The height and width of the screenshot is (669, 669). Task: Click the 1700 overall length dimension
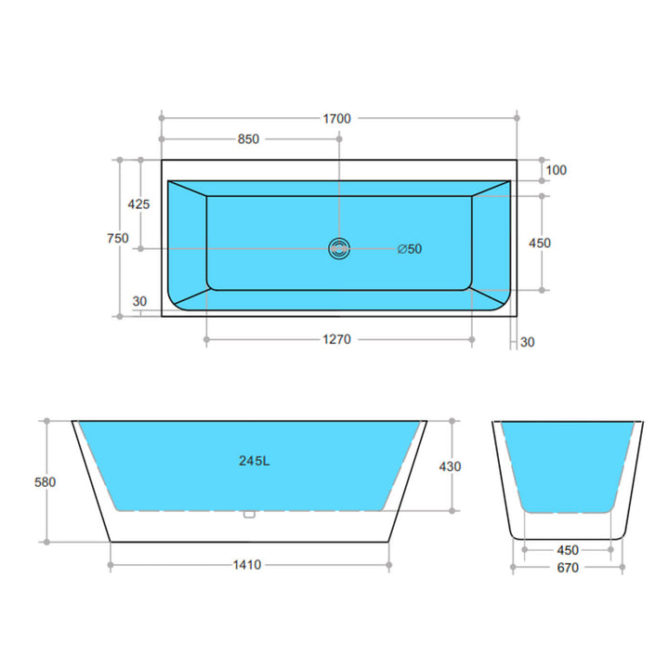coord(336,118)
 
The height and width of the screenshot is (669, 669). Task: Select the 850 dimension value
coord(248,139)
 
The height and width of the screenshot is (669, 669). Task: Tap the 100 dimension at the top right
coord(557,170)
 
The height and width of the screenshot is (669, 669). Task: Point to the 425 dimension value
coord(139,203)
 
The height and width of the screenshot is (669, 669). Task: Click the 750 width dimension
coord(118,238)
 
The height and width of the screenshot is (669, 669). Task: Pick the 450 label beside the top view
coord(539,243)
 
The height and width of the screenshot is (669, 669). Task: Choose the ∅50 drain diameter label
coord(409,248)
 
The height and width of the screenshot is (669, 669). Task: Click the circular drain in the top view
coord(339,248)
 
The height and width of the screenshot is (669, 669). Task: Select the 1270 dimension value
coord(336,339)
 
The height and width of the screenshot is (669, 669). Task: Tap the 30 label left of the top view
coord(139,301)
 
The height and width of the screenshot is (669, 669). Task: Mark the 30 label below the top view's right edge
coord(528,342)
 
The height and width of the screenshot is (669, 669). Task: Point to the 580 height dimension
coord(46,481)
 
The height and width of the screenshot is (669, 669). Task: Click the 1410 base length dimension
coord(248,564)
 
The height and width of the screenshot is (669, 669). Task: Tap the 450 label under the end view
coord(567,550)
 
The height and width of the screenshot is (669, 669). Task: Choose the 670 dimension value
coord(567,567)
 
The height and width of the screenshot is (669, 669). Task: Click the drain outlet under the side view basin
coord(248,513)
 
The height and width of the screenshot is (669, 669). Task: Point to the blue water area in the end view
coord(568,465)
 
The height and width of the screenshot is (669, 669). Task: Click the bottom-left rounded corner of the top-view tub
coord(177,301)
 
